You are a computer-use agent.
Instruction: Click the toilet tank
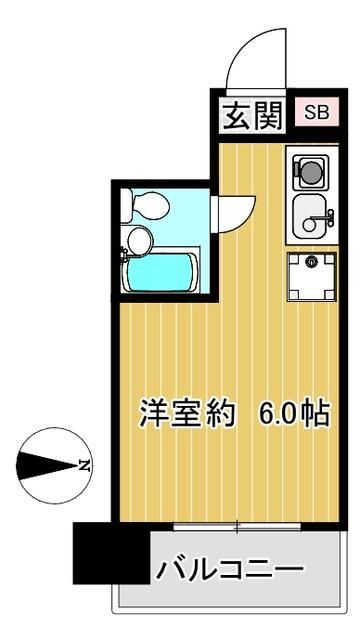coord(128,205)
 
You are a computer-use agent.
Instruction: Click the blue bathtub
coord(160,271)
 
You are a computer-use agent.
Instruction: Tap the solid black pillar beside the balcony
coord(110,552)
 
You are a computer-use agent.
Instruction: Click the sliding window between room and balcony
coord(236,525)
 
